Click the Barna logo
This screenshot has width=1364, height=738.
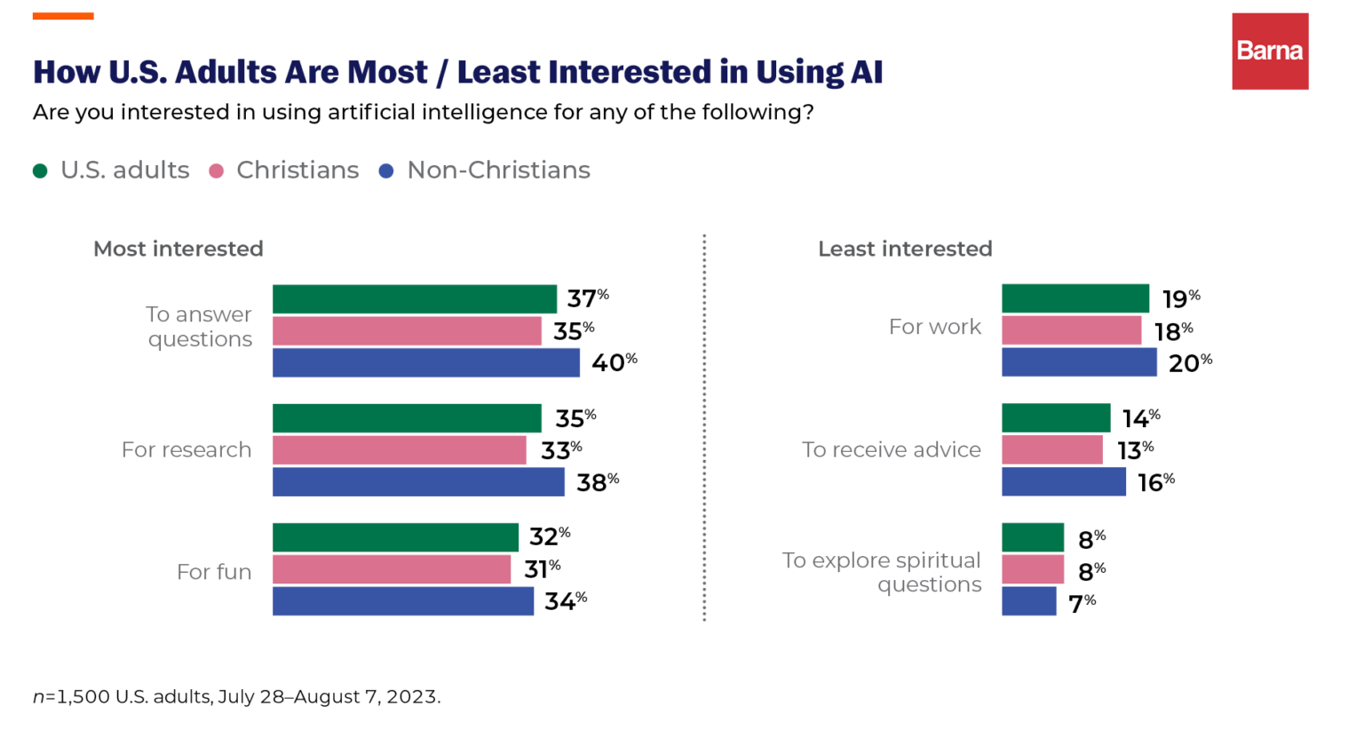pos(1269,52)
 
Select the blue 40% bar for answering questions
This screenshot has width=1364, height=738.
pos(425,362)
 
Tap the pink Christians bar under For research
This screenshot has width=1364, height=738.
pos(399,450)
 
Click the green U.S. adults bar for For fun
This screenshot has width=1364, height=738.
pos(395,537)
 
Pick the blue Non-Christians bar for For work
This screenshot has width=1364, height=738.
pos(1079,362)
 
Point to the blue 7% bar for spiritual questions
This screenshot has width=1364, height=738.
pos(1028,601)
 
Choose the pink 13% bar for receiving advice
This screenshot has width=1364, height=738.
pos(1051,450)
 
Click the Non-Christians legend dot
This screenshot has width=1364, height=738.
pos(386,171)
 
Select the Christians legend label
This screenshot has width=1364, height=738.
pos(297,171)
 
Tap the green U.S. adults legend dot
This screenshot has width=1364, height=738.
pos(40,171)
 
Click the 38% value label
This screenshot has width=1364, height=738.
pos(597,482)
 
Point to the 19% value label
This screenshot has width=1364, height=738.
pos(1180,299)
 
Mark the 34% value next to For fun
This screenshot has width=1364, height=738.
pos(565,601)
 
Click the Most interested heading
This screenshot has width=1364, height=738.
pos(178,249)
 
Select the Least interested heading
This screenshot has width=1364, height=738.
pos(905,249)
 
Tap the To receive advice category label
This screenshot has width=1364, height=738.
pos(891,450)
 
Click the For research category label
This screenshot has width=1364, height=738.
pos(186,450)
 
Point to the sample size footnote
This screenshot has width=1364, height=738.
pos(236,696)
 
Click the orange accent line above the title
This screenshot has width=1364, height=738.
pos(63,16)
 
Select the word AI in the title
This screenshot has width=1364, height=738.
pos(866,72)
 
